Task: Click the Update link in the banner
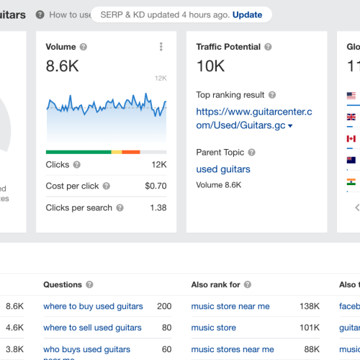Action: click(247, 14)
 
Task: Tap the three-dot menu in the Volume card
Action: click(161, 47)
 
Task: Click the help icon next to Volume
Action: click(84, 47)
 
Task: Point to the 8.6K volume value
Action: click(62, 66)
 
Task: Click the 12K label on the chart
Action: click(161, 78)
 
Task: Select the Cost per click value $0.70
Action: click(156, 186)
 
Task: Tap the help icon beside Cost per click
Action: click(107, 186)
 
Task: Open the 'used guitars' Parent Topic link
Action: click(223, 169)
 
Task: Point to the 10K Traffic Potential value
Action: click(210, 66)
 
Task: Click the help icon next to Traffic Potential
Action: click(268, 47)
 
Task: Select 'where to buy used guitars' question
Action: click(93, 306)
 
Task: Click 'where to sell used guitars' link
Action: click(92, 328)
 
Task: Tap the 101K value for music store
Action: click(310, 328)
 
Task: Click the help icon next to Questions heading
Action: click(90, 284)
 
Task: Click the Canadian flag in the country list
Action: click(351, 138)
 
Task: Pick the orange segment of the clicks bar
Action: click(131, 152)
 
